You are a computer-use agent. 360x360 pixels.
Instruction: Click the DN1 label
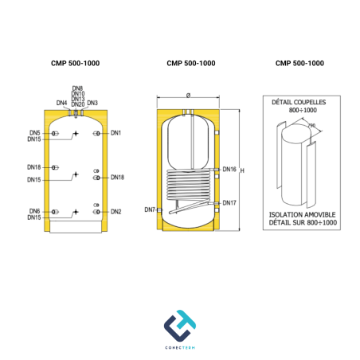(x=115, y=133)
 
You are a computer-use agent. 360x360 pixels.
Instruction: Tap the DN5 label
(x=35, y=133)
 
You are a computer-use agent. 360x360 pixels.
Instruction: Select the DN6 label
(x=35, y=211)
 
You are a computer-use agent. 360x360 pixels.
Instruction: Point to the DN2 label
(x=116, y=212)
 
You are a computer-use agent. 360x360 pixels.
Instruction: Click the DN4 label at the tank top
(x=61, y=103)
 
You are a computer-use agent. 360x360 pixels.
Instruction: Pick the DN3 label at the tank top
(x=92, y=103)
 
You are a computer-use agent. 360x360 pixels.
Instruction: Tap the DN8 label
(x=77, y=88)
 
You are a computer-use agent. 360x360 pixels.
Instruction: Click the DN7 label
(x=150, y=209)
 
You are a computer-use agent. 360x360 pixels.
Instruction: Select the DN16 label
(x=229, y=169)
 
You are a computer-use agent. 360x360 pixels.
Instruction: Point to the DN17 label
(x=229, y=203)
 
